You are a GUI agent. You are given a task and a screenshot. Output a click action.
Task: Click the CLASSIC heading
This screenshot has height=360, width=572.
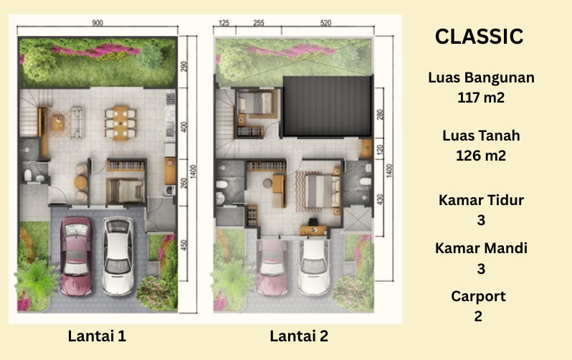[x=479, y=37]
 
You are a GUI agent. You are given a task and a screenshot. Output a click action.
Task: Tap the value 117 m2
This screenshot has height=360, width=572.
[x=481, y=98]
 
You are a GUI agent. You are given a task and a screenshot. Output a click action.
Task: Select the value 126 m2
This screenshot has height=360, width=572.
[x=481, y=156]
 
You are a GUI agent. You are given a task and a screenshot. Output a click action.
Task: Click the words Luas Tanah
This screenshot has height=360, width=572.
[x=481, y=136]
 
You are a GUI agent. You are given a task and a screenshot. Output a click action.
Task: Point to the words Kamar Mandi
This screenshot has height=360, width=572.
[x=481, y=248]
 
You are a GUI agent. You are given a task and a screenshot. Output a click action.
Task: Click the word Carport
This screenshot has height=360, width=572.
[x=478, y=296]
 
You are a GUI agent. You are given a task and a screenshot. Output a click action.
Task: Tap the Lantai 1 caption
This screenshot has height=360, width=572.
[x=97, y=336]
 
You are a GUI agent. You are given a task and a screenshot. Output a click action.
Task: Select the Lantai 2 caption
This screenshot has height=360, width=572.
[x=299, y=336]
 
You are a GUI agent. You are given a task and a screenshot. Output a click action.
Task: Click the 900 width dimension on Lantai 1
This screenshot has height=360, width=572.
[x=97, y=23]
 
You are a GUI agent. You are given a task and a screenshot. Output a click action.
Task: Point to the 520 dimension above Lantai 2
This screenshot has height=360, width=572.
[x=325, y=23]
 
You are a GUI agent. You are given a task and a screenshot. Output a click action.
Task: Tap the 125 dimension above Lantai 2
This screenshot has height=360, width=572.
[x=224, y=23]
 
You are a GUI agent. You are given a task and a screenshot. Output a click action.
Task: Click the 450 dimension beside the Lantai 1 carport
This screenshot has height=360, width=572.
[x=183, y=245]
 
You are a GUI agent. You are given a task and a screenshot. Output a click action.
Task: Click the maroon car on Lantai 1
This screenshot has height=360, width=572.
[x=76, y=256]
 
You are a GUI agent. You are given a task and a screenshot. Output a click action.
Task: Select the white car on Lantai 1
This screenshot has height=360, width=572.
[x=118, y=256]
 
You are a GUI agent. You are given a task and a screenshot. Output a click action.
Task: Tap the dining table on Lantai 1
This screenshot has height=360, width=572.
[x=120, y=123]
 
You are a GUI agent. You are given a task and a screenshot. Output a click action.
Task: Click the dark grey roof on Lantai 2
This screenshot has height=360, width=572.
[x=328, y=106]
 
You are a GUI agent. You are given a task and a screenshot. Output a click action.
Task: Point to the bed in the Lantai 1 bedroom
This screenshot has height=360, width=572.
[x=126, y=191]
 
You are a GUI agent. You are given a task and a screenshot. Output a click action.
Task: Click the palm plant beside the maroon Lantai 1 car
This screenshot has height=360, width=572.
[x=36, y=279]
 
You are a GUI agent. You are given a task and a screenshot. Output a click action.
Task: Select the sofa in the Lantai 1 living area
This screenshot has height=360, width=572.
[x=77, y=123]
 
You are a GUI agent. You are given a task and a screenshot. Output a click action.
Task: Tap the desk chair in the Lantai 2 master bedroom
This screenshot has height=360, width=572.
[x=313, y=222]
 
